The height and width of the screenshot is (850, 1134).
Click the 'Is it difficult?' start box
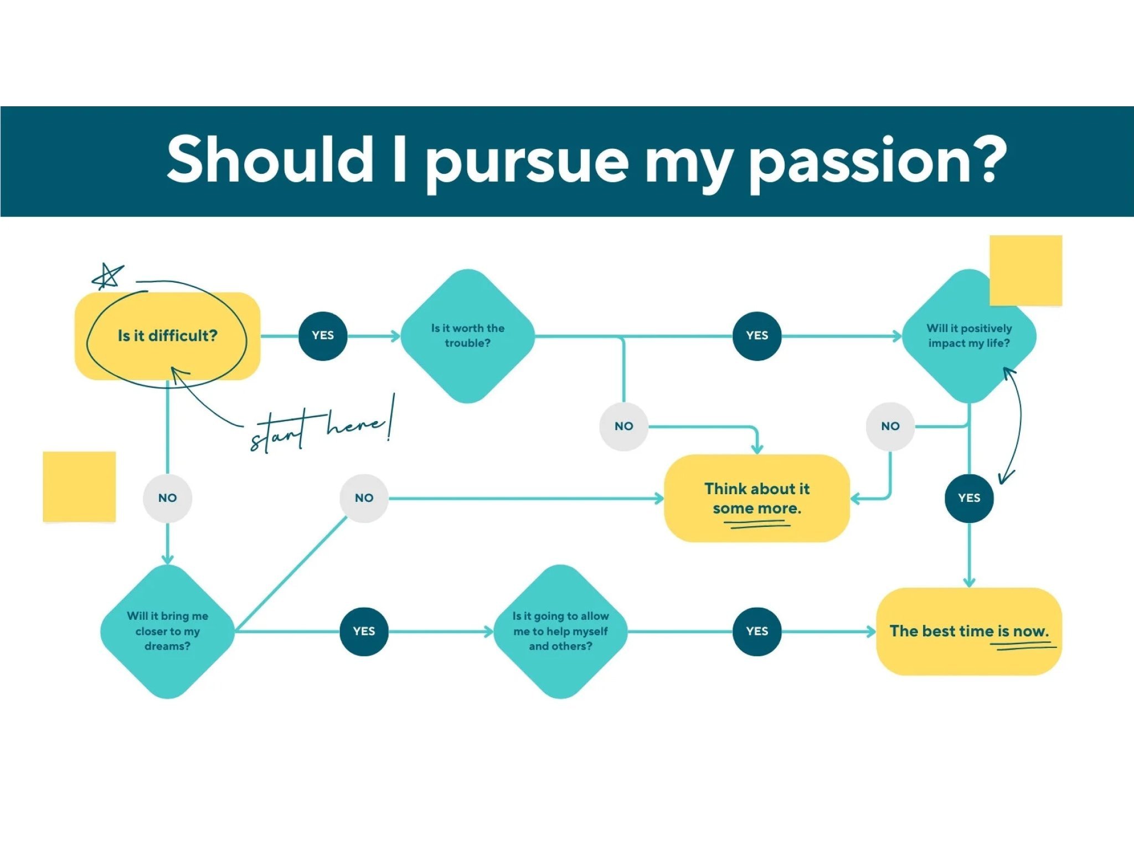[167, 336]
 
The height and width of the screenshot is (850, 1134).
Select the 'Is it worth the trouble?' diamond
[468, 336]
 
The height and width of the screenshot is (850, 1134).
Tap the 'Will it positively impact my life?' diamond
[969, 336]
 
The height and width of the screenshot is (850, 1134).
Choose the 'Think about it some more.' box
[757, 498]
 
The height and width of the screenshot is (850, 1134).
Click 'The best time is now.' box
[969, 631]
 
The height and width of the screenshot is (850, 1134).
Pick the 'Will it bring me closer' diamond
[167, 631]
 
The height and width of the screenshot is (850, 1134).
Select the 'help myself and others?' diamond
[560, 631]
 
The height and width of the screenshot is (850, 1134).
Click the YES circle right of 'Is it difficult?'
[323, 336]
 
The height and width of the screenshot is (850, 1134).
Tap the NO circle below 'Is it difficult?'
[167, 498]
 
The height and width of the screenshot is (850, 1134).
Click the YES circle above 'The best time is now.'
[969, 498]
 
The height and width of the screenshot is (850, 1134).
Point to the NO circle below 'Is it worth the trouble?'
[624, 426]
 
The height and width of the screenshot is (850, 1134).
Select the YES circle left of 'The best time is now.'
[757, 631]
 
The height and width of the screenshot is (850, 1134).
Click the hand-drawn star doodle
[107, 277]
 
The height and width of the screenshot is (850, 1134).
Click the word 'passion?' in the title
[878, 160]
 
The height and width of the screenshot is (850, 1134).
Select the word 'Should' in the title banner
[270, 159]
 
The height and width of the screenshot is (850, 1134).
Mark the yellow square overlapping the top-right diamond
[1025, 271]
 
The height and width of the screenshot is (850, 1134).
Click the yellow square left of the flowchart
[79, 487]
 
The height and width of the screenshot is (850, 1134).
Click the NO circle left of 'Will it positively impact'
[890, 426]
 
